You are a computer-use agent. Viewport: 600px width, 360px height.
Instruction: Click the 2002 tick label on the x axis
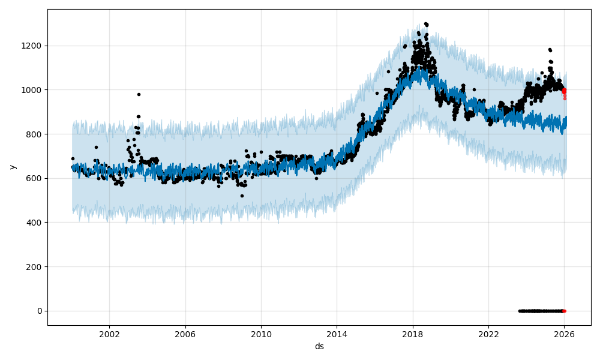point(109,335)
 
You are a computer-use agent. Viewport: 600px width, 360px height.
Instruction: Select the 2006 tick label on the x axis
point(185,335)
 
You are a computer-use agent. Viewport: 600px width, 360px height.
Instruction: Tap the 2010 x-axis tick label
point(261,335)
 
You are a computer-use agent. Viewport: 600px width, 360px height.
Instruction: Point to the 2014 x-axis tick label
point(337,335)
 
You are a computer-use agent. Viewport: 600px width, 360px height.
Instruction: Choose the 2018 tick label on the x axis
point(412,335)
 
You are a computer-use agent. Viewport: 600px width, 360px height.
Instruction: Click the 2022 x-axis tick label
point(488,335)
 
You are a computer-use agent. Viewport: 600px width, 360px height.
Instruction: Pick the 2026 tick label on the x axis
point(564,335)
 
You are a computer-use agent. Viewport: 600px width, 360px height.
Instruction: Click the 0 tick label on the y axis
point(40,311)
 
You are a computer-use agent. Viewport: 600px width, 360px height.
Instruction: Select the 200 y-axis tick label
point(36,266)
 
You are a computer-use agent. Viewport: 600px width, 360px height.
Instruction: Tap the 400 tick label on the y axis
point(36,223)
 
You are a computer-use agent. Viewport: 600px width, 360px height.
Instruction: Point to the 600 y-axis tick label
point(36,178)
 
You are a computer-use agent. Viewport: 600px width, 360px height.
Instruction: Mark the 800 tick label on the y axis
point(36,134)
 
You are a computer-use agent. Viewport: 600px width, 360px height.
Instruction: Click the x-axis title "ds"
point(319,346)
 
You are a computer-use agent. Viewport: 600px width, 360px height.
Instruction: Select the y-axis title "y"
point(12,167)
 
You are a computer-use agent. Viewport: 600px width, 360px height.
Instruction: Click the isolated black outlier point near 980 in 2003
point(139,94)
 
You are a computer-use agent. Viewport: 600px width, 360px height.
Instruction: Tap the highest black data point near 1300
point(425,24)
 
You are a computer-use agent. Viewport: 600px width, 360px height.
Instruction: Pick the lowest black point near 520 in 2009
point(242,196)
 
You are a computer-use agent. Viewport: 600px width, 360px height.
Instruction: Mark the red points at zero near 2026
point(563,311)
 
